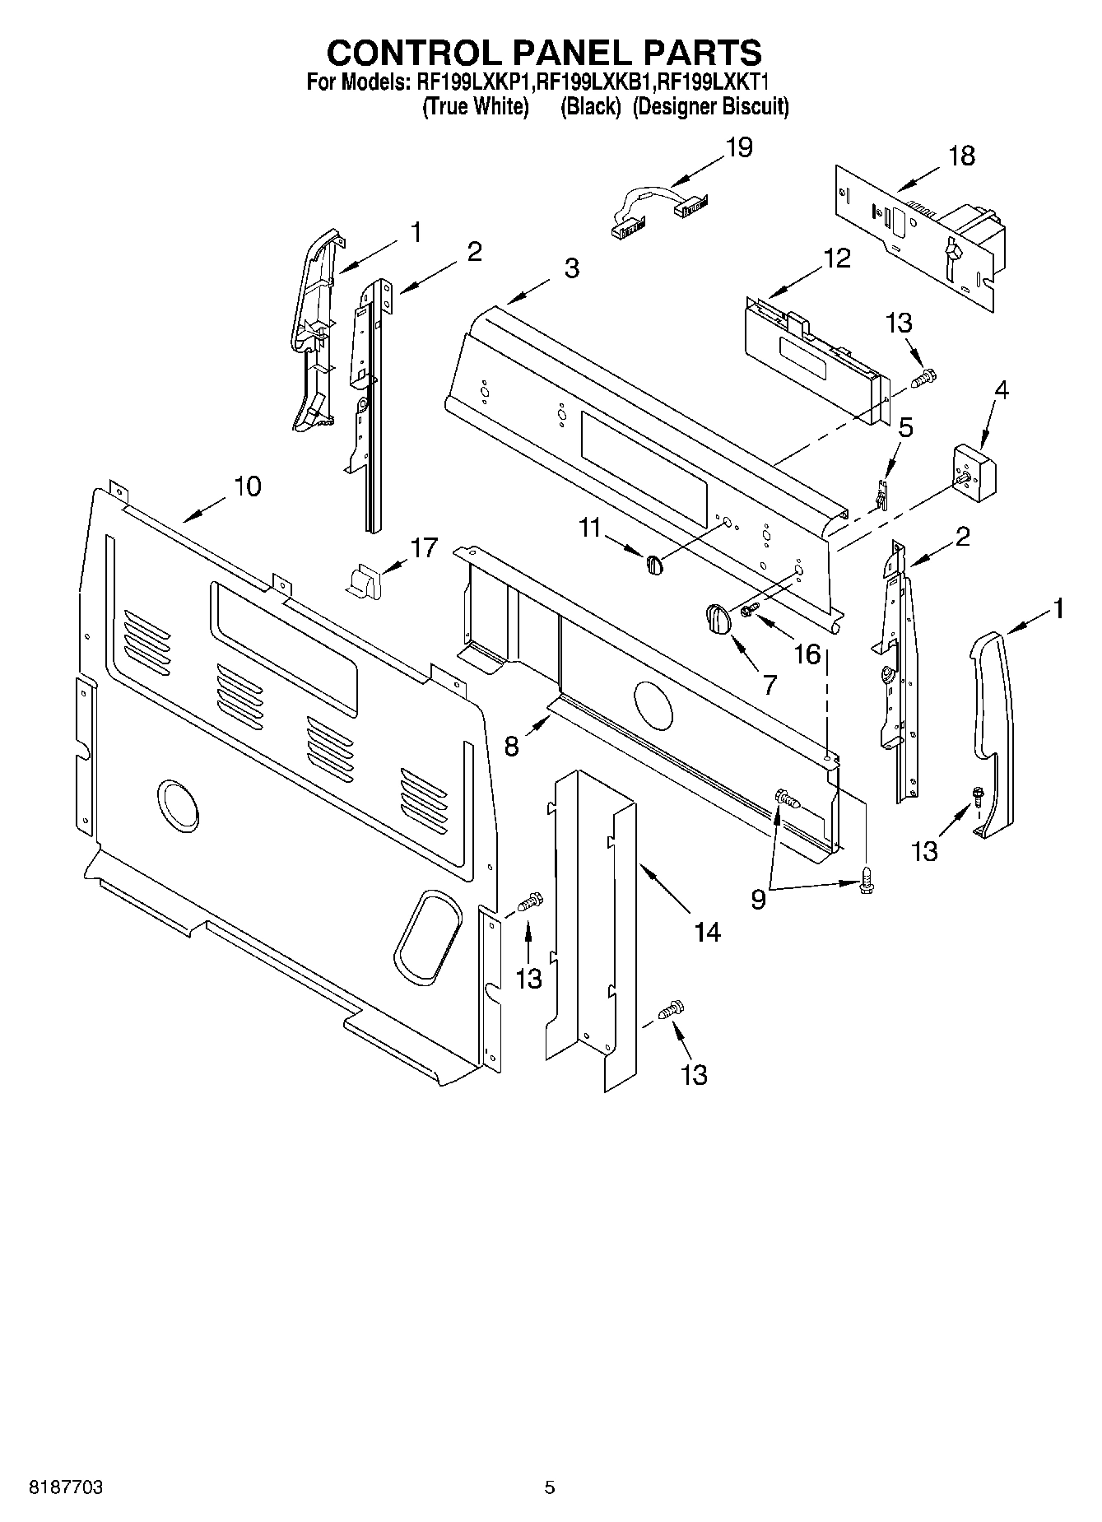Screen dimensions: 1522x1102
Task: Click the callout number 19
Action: (738, 148)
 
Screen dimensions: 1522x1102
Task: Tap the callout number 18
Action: (960, 156)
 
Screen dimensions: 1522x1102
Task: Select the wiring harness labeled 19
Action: (650, 211)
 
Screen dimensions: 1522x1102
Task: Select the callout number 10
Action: (247, 486)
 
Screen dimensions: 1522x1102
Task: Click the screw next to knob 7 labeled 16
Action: (750, 610)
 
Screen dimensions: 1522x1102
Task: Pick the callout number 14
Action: (707, 932)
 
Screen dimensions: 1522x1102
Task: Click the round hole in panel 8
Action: (653, 705)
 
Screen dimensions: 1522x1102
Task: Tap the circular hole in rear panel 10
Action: (177, 803)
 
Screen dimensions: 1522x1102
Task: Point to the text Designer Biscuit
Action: (711, 106)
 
